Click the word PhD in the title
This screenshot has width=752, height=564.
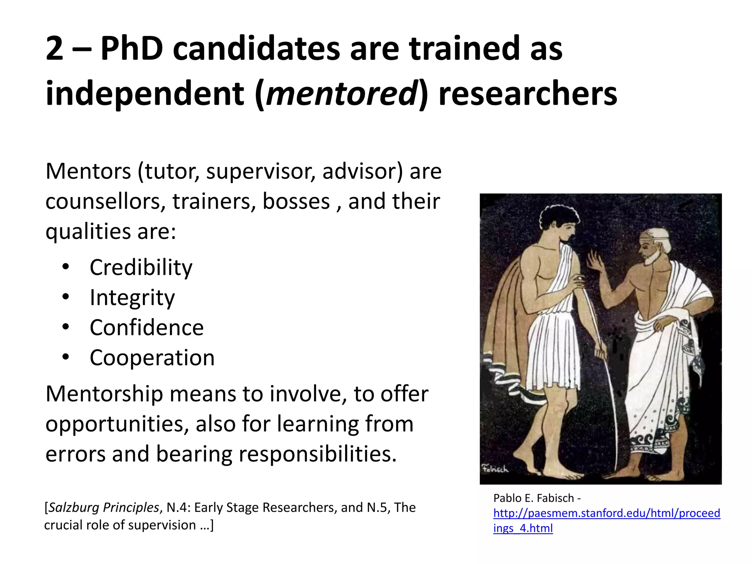(132, 48)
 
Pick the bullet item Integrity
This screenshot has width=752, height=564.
(132, 297)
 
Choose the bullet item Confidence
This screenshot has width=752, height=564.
(147, 328)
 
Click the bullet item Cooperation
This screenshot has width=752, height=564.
(152, 358)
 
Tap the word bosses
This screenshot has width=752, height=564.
(296, 202)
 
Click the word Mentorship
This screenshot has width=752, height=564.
(104, 394)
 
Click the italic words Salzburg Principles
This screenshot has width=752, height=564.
(104, 507)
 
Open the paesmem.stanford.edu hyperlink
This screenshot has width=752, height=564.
(607, 513)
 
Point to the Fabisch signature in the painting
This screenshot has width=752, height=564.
(495, 469)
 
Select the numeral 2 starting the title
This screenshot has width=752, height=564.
(55, 48)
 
